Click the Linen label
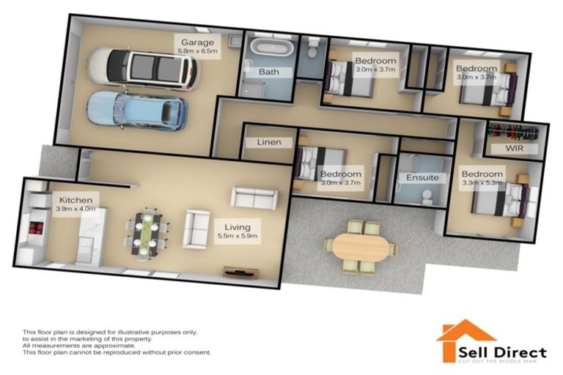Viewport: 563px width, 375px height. click(270, 141)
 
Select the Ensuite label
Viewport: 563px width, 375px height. click(422, 177)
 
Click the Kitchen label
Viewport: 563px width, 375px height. click(76, 199)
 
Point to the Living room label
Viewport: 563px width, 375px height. click(237, 227)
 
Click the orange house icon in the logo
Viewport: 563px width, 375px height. click(455, 336)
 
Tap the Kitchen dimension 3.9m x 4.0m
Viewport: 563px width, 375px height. click(75, 209)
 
